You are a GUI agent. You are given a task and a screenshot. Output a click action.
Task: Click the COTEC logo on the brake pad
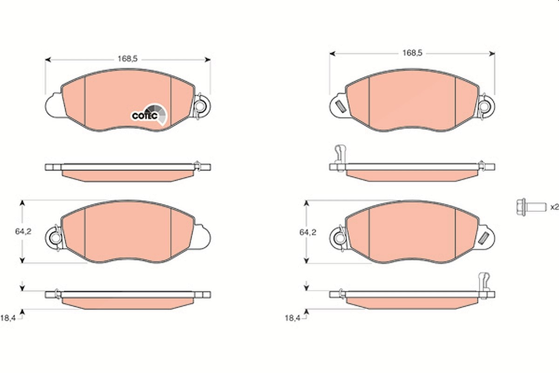[x=149, y=115]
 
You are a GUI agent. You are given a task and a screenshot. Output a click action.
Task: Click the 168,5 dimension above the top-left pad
[x=128, y=59]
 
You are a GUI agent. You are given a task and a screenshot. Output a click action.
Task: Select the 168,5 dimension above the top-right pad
[x=412, y=53]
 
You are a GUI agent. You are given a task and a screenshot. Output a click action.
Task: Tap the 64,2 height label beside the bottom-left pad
[x=23, y=232]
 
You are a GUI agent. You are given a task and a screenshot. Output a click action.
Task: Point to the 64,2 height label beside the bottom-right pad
[x=308, y=232]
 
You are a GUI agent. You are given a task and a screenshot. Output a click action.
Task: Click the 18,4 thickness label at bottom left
[x=8, y=318]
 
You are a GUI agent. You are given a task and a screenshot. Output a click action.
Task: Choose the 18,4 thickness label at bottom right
[x=293, y=318]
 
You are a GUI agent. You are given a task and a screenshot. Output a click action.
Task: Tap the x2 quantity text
[x=554, y=207]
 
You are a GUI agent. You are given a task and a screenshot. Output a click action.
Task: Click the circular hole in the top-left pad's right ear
[x=200, y=106]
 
